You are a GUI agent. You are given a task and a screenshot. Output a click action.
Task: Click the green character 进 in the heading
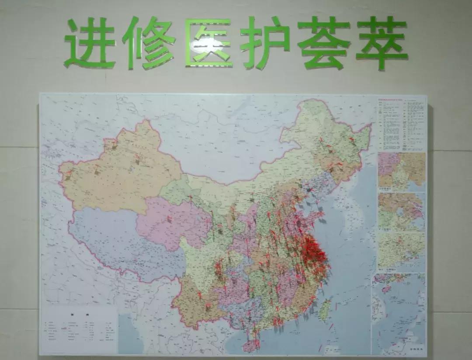90,44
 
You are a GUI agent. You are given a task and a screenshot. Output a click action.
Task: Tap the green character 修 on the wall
149,43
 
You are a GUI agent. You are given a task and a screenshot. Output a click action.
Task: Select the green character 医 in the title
208,43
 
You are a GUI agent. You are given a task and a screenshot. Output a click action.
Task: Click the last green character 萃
382,43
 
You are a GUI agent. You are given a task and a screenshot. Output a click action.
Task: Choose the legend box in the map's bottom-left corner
79,330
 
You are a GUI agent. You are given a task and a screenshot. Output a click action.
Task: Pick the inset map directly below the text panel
401,171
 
